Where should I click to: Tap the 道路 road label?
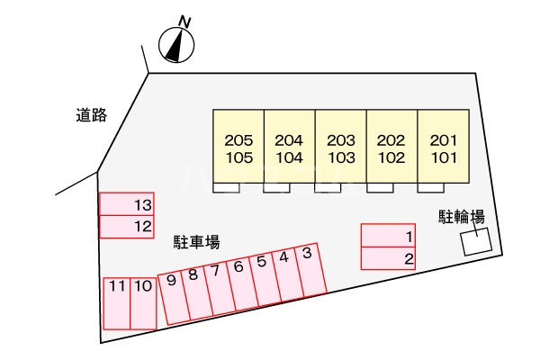(91, 114)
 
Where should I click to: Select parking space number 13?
(126, 204)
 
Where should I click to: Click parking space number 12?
(126, 227)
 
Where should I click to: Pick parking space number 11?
(117, 303)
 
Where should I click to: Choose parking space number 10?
(143, 303)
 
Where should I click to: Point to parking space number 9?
(174, 297)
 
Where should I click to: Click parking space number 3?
(310, 269)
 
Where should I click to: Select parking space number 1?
(388, 235)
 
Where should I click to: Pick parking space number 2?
(388, 258)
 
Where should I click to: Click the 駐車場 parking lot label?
(196, 242)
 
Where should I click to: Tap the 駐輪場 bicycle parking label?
(462, 217)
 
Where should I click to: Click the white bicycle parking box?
(477, 241)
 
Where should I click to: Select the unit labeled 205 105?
(238, 146)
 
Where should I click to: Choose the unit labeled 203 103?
(340, 146)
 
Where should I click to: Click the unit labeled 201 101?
(444, 146)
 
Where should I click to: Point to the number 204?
(289, 140)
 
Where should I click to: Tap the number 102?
(391, 157)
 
